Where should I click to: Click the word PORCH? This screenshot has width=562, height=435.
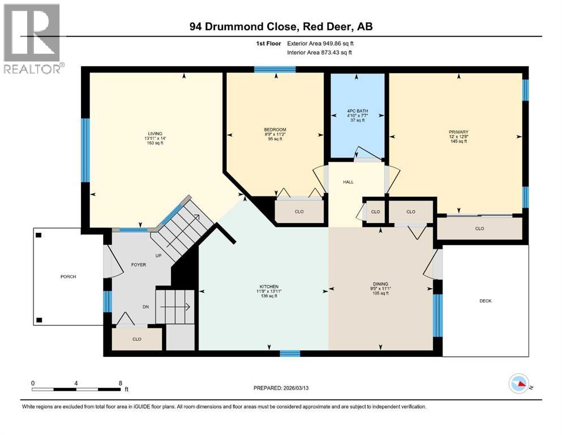tap(68, 276)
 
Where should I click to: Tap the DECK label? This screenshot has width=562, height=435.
tap(485, 301)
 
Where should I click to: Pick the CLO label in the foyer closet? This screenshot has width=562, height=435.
tap(137, 339)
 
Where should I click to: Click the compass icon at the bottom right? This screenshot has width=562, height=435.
tap(519, 385)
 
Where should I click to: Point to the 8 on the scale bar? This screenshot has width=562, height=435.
tap(120, 383)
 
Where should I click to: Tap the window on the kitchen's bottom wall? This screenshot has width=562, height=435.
tap(290, 353)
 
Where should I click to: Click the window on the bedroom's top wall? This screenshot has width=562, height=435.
tap(274, 70)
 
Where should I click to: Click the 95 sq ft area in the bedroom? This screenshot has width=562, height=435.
tap(274, 139)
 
